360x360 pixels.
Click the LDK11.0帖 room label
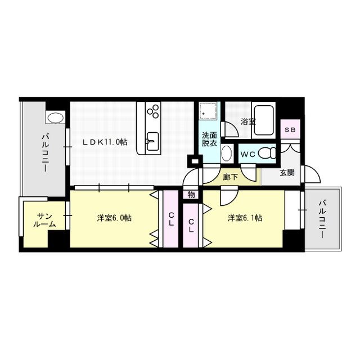105,142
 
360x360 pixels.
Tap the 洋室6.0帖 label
114,218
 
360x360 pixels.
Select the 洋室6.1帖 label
245,218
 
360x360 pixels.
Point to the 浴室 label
248,121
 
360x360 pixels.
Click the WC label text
248,152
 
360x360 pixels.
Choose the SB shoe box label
290,130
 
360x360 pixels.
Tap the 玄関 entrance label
286,173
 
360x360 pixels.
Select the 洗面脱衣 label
209,139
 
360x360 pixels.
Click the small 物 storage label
191,195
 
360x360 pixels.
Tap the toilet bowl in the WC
269,152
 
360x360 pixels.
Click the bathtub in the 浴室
263,119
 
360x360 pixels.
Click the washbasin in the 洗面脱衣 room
226,152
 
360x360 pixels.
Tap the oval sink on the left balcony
56,118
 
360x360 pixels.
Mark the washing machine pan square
209,112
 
